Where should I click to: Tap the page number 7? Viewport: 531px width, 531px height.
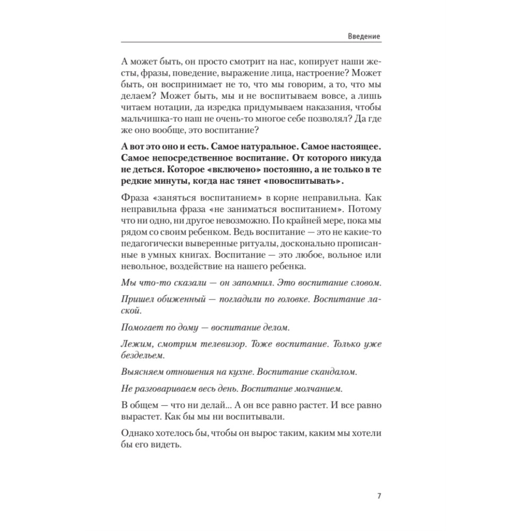point(379,496)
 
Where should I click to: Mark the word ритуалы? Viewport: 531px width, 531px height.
point(253,253)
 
